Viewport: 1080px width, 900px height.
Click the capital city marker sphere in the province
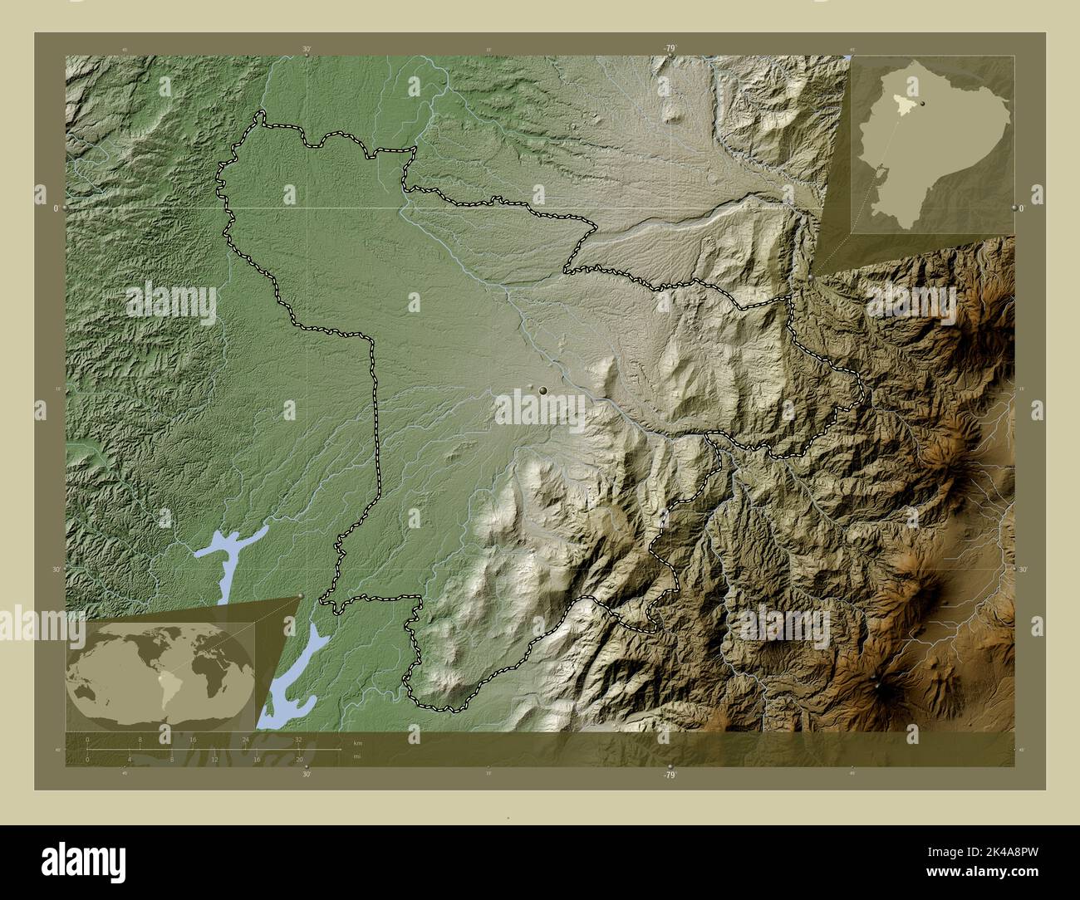[x=542, y=389]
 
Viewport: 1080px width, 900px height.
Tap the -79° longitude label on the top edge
[x=670, y=49]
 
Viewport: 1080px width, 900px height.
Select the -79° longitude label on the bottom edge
[x=670, y=775]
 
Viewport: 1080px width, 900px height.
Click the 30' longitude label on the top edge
[x=307, y=49]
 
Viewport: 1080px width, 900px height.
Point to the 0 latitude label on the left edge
[x=56, y=208]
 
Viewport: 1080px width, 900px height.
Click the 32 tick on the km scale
[x=297, y=739]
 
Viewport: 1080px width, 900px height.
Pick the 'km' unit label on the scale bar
[x=358, y=742]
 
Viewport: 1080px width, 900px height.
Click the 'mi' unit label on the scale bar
[x=357, y=757]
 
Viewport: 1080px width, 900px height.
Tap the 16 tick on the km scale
[x=193, y=739]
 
